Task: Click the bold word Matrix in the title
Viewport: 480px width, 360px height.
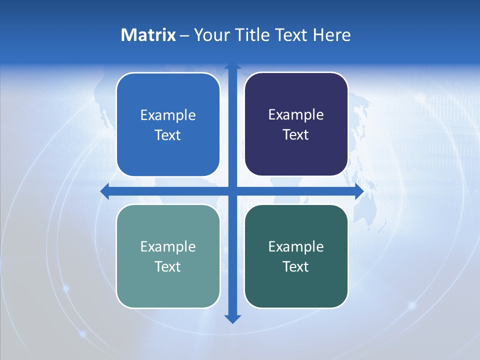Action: click(x=148, y=35)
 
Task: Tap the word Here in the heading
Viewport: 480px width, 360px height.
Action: click(x=331, y=35)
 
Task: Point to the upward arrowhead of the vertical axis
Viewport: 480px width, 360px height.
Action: click(x=232, y=67)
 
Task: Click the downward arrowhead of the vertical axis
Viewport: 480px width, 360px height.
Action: click(x=232, y=318)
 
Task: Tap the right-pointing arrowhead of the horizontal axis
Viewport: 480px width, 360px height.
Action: click(x=359, y=191)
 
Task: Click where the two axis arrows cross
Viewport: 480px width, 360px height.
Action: click(x=232, y=191)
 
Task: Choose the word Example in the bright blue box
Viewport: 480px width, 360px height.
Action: click(x=168, y=115)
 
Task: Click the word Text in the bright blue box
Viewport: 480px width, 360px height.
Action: click(x=168, y=135)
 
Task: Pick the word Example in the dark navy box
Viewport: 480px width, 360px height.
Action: click(x=296, y=115)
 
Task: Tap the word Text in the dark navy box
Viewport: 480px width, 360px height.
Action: click(x=296, y=135)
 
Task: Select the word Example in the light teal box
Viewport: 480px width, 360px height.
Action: click(x=168, y=247)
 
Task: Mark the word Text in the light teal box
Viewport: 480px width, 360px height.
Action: click(x=168, y=267)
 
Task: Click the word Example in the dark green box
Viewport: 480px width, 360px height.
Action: click(x=296, y=247)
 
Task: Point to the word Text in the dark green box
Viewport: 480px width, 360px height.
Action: click(x=296, y=267)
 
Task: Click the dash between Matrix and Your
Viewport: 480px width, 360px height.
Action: click(x=184, y=35)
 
